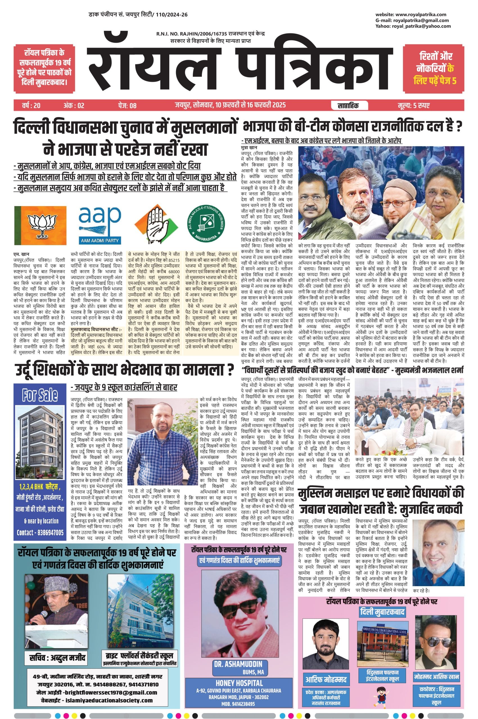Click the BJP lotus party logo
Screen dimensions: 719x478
40,225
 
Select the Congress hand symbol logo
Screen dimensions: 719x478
156,225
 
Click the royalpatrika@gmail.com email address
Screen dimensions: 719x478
421,21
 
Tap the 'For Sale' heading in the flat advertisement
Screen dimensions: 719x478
40,395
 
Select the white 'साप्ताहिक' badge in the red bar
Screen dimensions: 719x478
348,105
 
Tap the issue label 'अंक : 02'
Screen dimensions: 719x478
73,105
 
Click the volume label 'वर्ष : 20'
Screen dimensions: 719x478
31,105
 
